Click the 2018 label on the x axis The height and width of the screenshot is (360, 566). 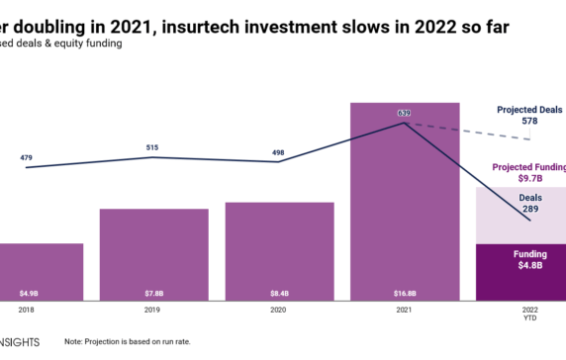click(26, 310)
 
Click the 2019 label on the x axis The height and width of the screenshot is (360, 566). click(152, 310)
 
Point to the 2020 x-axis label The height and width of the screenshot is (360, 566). click(278, 310)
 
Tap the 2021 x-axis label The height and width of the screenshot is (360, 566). click(404, 310)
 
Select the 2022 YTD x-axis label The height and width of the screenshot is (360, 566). click(529, 314)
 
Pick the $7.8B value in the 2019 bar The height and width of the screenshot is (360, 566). click(152, 293)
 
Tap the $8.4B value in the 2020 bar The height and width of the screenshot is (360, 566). click(278, 293)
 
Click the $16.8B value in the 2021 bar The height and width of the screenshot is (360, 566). click(404, 293)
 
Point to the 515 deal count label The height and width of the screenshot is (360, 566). click(152, 147)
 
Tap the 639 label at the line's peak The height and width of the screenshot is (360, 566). click(404, 114)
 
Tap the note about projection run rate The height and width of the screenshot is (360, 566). click(129, 341)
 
